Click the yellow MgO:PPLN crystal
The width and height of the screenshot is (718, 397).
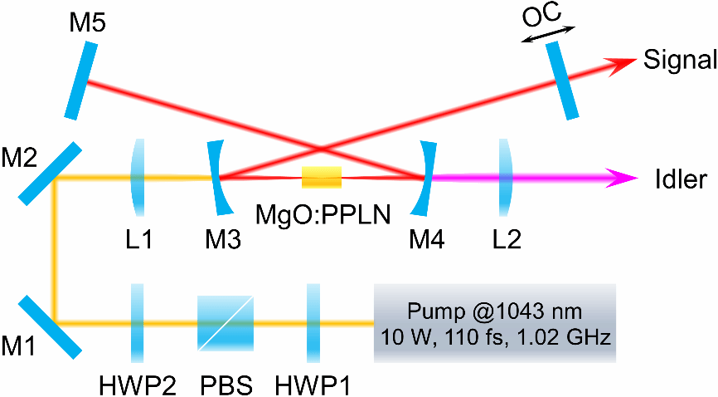pos(321,176)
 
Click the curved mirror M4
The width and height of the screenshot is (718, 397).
pos(428,176)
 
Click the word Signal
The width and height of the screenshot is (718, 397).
pos(678,61)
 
